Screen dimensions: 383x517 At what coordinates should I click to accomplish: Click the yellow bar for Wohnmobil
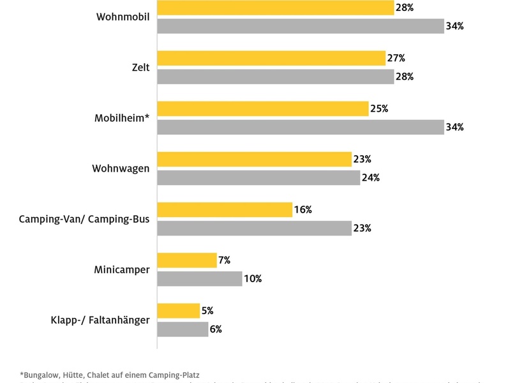(x=275, y=8)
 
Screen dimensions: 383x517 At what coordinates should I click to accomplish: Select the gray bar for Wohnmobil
(x=300, y=26)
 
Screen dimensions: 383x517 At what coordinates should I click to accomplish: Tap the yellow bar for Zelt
(x=271, y=58)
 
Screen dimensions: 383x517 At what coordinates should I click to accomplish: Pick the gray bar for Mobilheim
(x=300, y=127)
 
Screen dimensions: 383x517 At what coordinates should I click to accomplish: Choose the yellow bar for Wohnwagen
(x=254, y=159)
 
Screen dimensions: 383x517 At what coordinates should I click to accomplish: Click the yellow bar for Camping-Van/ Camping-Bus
(x=225, y=209)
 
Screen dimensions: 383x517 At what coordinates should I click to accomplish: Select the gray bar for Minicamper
(x=200, y=278)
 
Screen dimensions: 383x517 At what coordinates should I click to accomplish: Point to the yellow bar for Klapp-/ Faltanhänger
(x=178, y=311)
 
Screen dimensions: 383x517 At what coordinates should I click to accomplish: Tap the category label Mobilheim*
(x=122, y=118)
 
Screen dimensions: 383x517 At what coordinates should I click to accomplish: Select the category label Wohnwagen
(x=121, y=169)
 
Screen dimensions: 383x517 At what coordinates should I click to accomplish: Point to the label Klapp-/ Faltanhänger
(x=100, y=320)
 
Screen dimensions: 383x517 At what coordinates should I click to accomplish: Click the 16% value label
(x=304, y=209)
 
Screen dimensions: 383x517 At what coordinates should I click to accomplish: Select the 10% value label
(x=253, y=278)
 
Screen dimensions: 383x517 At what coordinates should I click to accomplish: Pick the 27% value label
(x=396, y=58)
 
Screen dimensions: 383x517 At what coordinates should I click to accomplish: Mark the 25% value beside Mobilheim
(x=379, y=109)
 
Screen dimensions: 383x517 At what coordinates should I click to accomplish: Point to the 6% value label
(x=216, y=329)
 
